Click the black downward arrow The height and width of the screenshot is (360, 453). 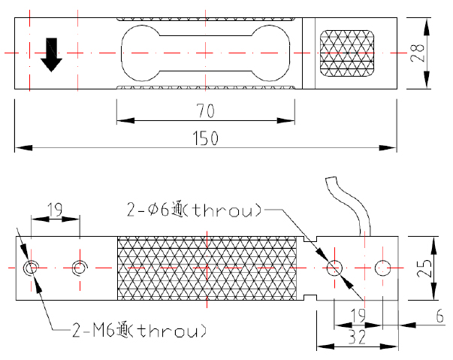[x=50, y=54]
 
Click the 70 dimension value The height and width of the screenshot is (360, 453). [x=206, y=111]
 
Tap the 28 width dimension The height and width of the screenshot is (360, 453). [x=420, y=53]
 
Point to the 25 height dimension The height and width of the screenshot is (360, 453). [x=425, y=268]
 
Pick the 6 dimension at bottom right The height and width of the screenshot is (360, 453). [x=439, y=317]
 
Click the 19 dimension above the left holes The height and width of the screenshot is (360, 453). [x=54, y=209]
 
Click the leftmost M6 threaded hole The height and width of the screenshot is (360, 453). [x=31, y=268]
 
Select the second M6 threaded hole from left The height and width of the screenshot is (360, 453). [x=79, y=268]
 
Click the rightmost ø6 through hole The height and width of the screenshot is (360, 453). [x=383, y=267]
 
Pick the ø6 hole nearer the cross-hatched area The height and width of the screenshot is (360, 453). [x=334, y=267]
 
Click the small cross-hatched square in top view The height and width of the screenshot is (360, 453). [x=347, y=53]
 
